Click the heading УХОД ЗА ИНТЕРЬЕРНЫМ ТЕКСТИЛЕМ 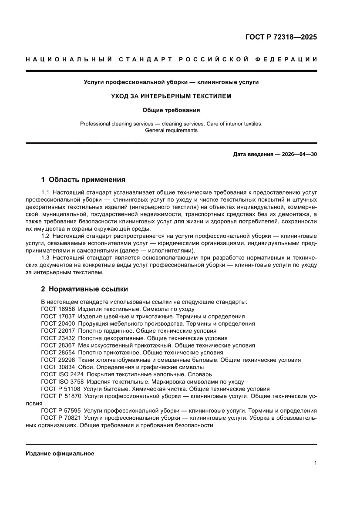click(x=171, y=96)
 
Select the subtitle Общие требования click(x=171, y=110)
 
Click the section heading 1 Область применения click(x=83, y=179)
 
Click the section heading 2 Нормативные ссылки click(x=84, y=289)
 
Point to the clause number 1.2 click(x=45, y=236)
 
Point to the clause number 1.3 click(x=45, y=258)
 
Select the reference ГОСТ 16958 click(x=58, y=309)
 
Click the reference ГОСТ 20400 click(x=58, y=324)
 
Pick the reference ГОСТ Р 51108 click(x=61, y=389)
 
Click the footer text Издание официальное click(x=60, y=453)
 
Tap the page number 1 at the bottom click(x=315, y=463)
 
